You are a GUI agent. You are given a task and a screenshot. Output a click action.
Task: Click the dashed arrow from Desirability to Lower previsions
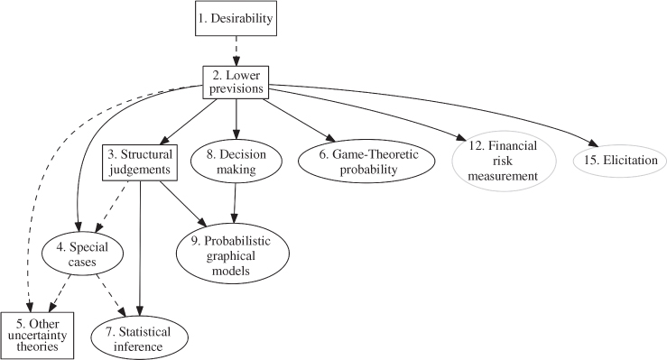pyautogui.click(x=236, y=51)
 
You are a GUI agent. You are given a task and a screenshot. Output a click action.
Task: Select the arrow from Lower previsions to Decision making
pyautogui.click(x=236, y=119)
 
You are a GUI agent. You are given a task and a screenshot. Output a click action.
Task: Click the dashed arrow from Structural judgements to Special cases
pyautogui.click(x=113, y=207)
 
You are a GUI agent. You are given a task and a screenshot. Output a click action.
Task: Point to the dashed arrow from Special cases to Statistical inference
pyautogui.click(x=111, y=295)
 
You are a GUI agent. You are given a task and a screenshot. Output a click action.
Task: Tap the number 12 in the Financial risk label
pyautogui.click(x=477, y=146)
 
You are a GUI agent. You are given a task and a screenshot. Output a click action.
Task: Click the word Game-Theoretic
pyautogui.click(x=369, y=154)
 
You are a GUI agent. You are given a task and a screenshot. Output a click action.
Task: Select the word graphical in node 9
pyautogui.click(x=230, y=256)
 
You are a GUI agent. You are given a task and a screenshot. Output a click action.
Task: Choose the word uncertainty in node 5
pyautogui.click(x=37, y=336)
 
